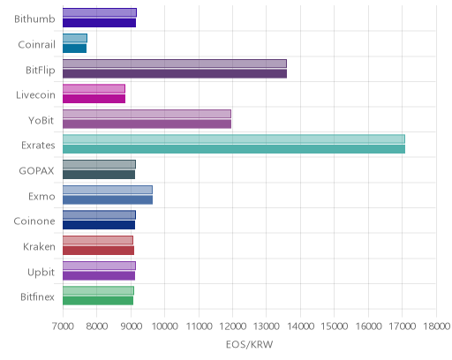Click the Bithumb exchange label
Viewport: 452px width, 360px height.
point(34,19)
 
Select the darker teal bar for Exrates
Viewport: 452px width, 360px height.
point(234,149)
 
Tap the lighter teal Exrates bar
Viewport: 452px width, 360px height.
point(234,139)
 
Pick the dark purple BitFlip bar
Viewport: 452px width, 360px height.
point(175,73)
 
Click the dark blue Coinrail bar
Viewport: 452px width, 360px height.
point(75,49)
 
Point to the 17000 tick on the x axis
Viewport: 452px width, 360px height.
point(402,326)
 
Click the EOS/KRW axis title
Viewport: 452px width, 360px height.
point(249,344)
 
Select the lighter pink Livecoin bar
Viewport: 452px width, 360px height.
point(94,88)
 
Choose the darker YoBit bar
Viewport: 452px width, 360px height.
point(147,124)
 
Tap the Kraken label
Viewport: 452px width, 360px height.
point(39,246)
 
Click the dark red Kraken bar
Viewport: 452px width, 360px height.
point(98,251)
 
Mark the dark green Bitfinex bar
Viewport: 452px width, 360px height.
point(98,301)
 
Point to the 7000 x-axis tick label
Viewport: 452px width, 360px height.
point(63,326)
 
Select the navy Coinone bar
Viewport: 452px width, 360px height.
point(99,225)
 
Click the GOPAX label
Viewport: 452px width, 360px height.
point(36,171)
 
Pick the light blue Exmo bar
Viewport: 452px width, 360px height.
point(108,190)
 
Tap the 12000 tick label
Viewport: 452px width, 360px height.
point(232,326)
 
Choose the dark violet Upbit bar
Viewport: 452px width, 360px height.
point(99,276)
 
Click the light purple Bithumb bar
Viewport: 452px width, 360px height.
point(100,12)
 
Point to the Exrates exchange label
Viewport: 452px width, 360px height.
point(38,146)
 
